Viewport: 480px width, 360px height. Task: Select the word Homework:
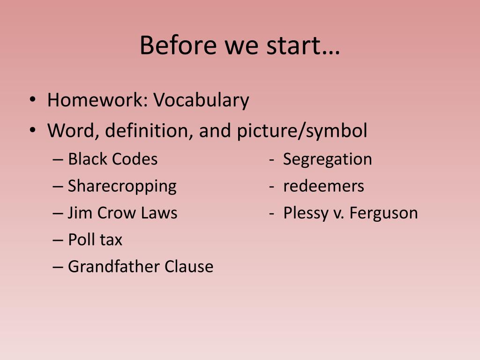point(97,100)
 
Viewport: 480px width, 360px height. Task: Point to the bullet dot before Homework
point(32,100)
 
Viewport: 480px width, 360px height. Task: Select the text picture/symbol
point(302,131)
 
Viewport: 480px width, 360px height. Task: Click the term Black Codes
point(112,159)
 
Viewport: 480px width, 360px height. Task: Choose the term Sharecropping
point(122,186)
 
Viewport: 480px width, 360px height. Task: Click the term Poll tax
point(95,240)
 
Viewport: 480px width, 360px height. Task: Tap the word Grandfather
point(114,267)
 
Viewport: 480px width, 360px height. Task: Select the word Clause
point(189,267)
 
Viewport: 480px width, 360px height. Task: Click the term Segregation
point(327,159)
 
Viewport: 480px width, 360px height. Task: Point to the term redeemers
point(323,186)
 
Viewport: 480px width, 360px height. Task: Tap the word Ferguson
point(383,213)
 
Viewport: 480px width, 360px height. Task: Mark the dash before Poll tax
point(58,240)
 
